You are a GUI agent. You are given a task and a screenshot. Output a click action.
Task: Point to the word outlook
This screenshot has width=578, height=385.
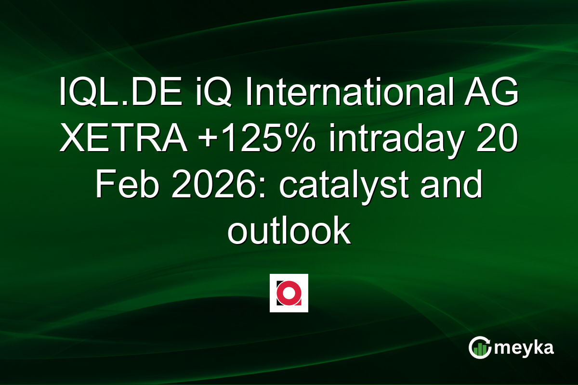click(x=289, y=232)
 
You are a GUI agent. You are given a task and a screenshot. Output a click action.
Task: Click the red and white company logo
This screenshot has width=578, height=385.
click(x=289, y=293)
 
